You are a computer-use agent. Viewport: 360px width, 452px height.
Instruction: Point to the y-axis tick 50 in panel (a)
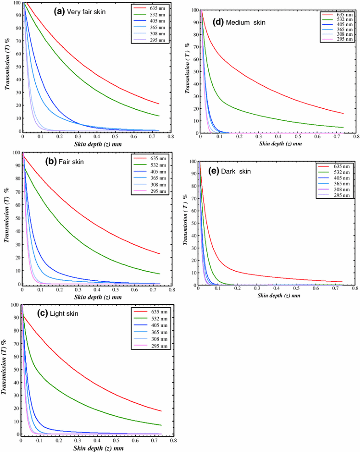17,67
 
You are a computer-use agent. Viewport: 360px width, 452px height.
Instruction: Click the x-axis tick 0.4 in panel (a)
96,137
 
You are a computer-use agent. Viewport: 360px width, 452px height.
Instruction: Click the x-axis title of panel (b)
97,297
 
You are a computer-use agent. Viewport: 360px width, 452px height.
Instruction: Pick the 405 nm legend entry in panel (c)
155,324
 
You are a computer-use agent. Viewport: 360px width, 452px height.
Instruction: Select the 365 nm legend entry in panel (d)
343,29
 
